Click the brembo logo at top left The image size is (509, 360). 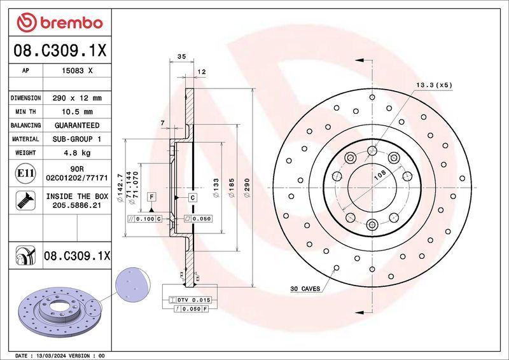[60, 23]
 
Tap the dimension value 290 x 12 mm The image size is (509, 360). [77, 99]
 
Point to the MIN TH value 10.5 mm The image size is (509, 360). [77, 112]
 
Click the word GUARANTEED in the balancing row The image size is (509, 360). [77, 125]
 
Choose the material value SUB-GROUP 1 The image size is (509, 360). [77, 139]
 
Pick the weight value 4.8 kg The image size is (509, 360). [77, 153]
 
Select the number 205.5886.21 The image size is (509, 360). [77, 207]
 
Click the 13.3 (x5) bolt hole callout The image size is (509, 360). [435, 84]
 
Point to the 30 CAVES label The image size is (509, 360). [305, 289]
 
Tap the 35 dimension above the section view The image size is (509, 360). [181, 57]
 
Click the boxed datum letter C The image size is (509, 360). [191, 198]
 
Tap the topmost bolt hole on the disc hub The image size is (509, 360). [372, 151]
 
